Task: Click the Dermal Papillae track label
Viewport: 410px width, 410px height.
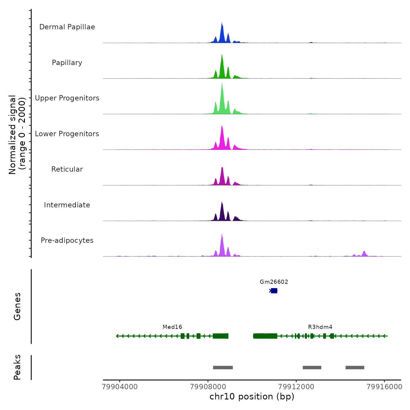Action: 67,27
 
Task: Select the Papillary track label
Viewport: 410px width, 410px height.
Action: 67,63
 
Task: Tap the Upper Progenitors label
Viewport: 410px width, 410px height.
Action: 67,98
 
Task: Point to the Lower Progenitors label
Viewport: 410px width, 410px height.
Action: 67,134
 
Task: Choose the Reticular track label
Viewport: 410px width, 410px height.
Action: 67,169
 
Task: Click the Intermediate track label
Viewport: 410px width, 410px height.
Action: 67,205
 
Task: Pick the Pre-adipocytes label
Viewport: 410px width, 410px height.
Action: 67,240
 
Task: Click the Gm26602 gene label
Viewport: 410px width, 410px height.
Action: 274,282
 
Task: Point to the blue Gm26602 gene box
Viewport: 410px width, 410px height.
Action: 274,291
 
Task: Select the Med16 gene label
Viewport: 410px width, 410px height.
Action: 172,327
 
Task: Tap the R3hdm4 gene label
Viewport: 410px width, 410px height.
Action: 320,327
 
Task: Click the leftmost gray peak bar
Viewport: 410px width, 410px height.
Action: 223,368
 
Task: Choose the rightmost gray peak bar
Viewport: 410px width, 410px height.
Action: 355,368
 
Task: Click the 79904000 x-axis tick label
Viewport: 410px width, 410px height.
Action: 120,387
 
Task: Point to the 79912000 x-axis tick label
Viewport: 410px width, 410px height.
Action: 296,387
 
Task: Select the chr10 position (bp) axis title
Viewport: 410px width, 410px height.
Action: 252,397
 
